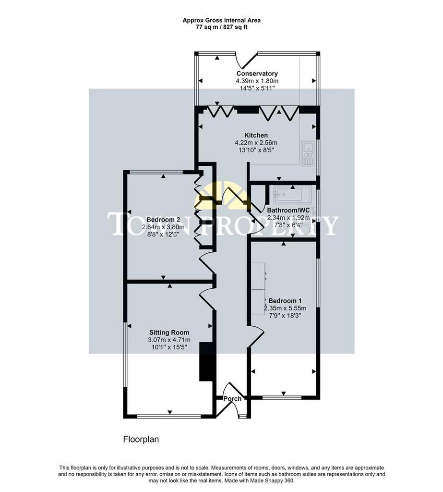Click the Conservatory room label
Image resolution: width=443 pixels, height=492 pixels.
(x=257, y=74)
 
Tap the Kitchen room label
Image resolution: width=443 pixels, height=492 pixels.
(x=256, y=135)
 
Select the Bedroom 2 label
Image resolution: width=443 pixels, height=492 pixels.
(x=163, y=219)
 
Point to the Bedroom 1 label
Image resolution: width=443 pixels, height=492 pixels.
(x=285, y=301)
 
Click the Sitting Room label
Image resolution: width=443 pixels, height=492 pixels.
(x=169, y=332)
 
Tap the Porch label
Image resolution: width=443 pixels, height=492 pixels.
(x=232, y=398)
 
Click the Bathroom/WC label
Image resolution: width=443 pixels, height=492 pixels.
(x=288, y=210)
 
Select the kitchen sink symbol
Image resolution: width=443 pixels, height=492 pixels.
(x=308, y=153)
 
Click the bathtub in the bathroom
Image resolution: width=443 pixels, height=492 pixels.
(x=292, y=195)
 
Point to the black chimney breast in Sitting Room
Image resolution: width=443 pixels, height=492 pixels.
(x=206, y=361)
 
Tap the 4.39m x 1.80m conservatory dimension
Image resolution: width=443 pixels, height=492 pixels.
(x=257, y=81)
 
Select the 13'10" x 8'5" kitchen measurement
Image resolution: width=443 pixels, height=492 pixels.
(x=256, y=150)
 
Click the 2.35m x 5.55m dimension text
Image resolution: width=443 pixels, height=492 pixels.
(x=285, y=308)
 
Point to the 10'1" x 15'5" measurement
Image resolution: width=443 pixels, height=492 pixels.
(x=169, y=347)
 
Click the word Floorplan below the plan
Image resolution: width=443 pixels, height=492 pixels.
(x=141, y=439)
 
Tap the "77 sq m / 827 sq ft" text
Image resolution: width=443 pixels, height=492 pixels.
(x=222, y=27)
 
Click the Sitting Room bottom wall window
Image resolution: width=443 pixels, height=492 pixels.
(x=169, y=417)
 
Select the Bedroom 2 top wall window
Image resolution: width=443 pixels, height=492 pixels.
(x=156, y=172)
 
